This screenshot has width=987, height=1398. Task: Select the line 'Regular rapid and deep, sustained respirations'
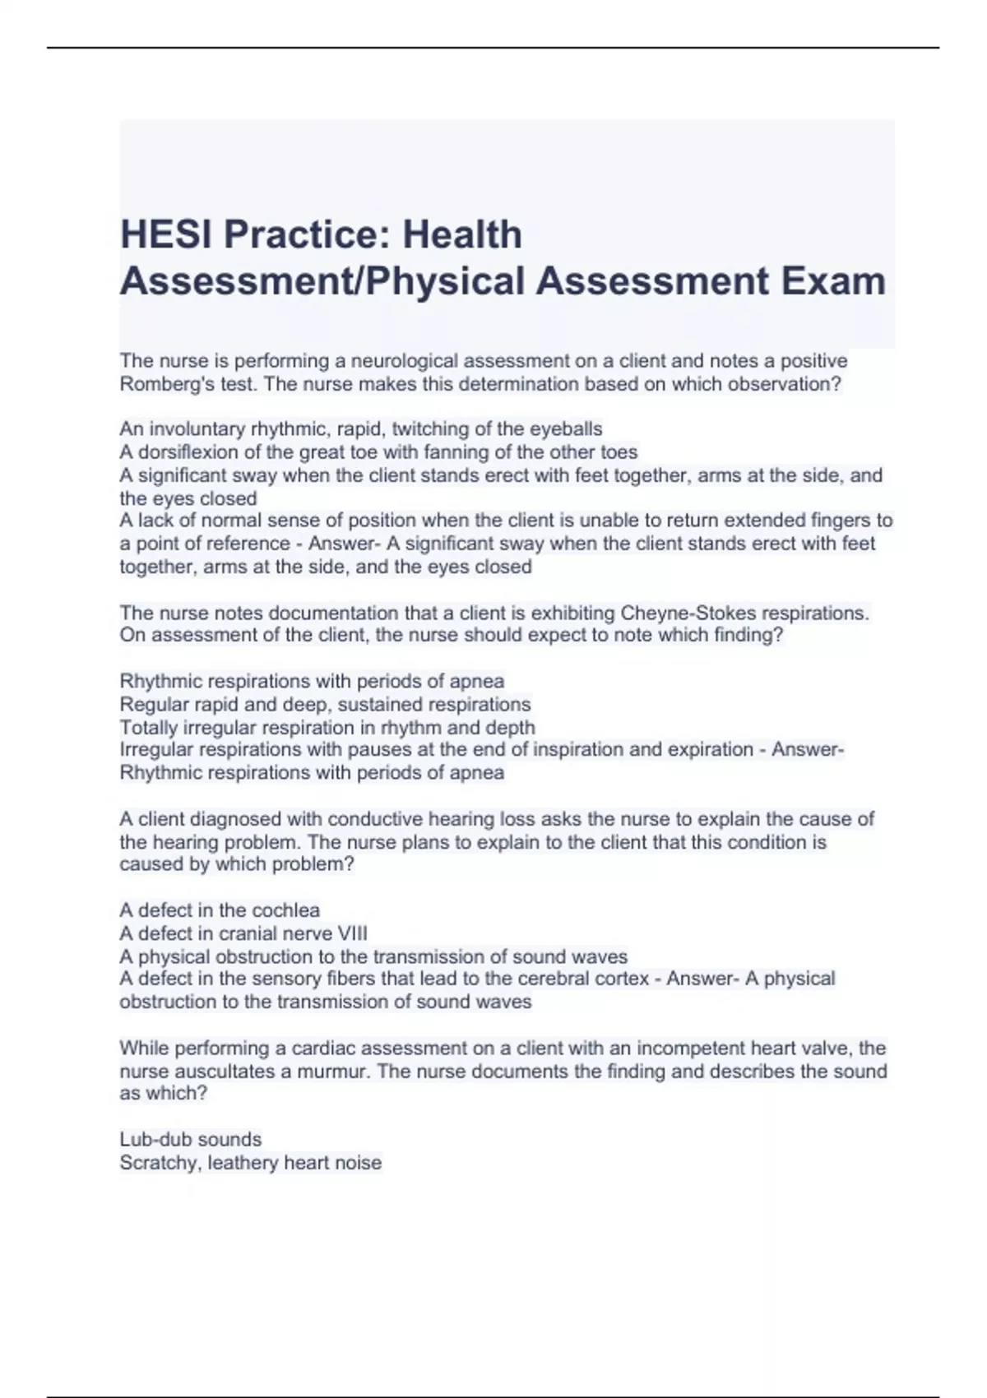(x=325, y=704)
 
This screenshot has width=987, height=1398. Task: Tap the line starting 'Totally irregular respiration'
(x=327, y=727)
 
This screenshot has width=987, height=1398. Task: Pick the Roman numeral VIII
(x=352, y=933)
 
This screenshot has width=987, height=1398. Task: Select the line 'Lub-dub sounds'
(x=190, y=1139)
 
